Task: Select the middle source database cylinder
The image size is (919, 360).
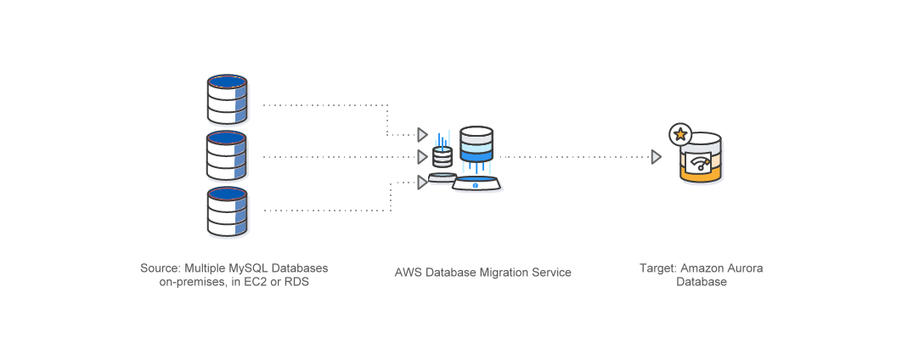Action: click(x=227, y=155)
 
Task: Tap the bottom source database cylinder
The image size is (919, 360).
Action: click(x=227, y=211)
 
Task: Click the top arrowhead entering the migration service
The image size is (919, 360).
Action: click(x=422, y=134)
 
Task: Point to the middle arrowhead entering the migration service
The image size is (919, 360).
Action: click(x=422, y=157)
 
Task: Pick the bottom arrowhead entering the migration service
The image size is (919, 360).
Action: click(x=422, y=181)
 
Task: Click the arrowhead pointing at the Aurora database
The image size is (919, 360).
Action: click(x=656, y=157)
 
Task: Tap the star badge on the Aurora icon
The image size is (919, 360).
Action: click(x=680, y=134)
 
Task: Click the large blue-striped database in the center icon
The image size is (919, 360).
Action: click(x=476, y=145)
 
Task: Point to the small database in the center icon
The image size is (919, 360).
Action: click(x=443, y=157)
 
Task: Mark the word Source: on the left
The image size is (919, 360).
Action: click(x=161, y=268)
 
